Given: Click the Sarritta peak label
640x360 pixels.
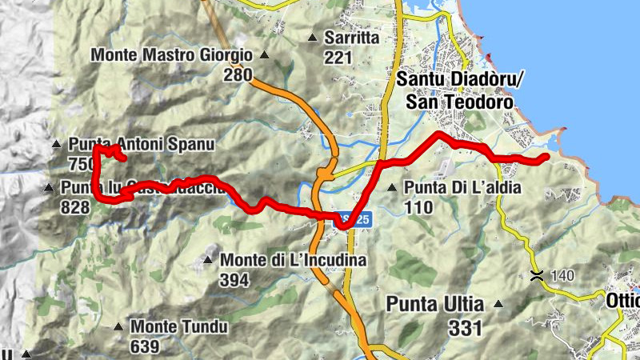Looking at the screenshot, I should click(x=351, y=38).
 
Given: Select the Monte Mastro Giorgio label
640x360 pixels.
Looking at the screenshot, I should click(x=172, y=56).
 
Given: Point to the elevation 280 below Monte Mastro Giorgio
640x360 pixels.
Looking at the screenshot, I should click(x=238, y=75).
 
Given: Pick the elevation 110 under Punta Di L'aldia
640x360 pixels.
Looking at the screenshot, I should click(x=418, y=208).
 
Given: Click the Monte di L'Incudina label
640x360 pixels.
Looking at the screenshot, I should click(x=293, y=260).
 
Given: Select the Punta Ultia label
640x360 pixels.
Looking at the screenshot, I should click(x=435, y=305).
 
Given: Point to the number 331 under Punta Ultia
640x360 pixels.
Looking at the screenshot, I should click(x=465, y=327).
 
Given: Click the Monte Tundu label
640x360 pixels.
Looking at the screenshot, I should click(x=180, y=327).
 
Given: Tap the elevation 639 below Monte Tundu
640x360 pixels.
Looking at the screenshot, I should click(x=145, y=347).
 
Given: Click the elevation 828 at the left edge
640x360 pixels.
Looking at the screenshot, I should click(x=74, y=207).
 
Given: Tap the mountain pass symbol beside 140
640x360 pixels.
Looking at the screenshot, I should click(x=536, y=276).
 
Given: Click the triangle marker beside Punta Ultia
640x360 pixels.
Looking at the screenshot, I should click(x=498, y=304).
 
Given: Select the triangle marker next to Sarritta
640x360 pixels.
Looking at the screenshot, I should click(x=312, y=38).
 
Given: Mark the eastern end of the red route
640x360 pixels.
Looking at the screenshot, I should click(x=545, y=158).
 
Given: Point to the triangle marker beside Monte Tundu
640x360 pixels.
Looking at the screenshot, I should click(x=118, y=326).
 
